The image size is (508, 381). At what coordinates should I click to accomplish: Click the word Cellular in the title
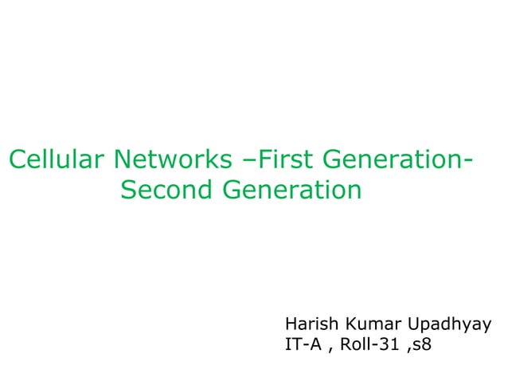[x=56, y=160]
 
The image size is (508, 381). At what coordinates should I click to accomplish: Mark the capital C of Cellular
[x=18, y=160]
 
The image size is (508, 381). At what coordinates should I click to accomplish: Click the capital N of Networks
[x=123, y=160]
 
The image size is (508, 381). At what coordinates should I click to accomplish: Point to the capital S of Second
[x=129, y=190]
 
